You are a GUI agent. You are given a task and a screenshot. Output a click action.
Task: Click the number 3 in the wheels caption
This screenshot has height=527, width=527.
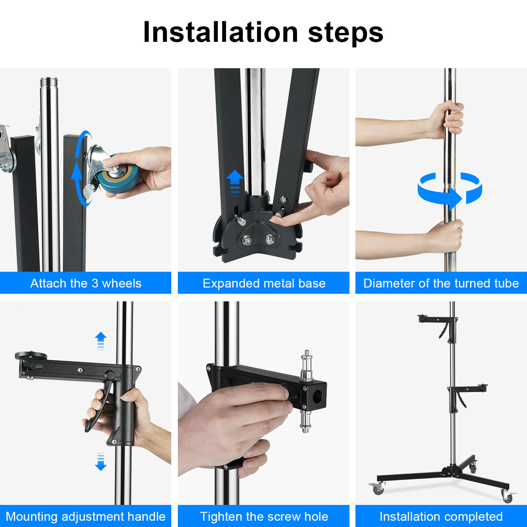(95, 283)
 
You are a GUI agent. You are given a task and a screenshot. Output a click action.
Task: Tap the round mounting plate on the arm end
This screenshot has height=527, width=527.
(31, 356)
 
